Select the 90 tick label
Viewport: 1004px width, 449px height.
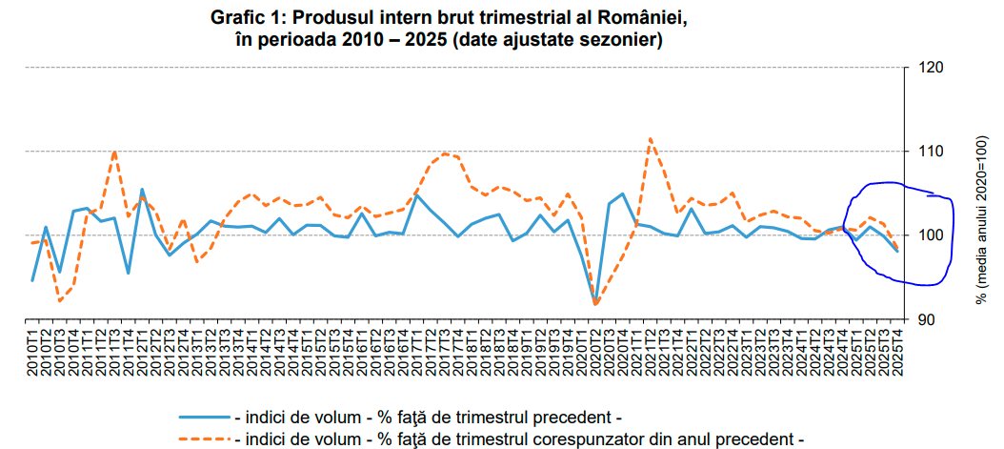[926, 318]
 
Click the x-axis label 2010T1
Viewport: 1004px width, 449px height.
[33, 354]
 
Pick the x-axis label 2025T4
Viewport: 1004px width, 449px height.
[895, 354]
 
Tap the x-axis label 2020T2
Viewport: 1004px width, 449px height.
[594, 354]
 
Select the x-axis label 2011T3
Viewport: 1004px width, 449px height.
[114, 354]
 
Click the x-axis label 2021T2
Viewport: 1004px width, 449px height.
[650, 354]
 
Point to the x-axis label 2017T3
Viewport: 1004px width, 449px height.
[444, 354]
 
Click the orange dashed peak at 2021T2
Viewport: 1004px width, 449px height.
[650, 139]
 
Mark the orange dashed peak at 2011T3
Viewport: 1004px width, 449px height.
[114, 151]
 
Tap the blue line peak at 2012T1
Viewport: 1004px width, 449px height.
[142, 190]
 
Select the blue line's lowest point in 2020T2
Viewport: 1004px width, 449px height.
[595, 303]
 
